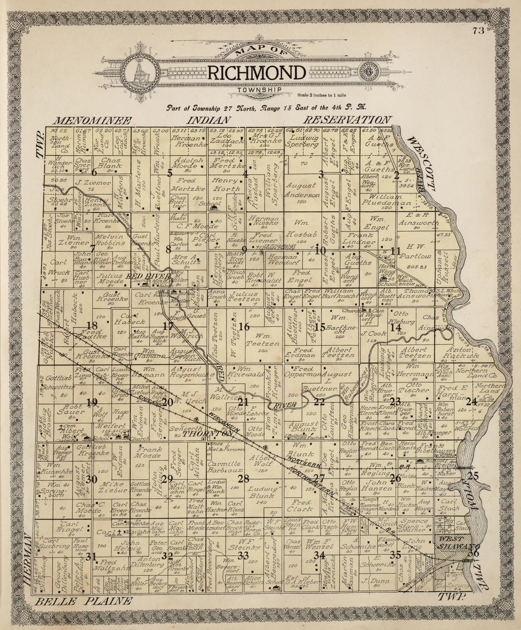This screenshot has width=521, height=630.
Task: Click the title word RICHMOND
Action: tap(256, 73)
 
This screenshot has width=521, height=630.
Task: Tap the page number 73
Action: tap(478, 31)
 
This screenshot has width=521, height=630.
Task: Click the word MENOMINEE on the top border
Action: tap(93, 121)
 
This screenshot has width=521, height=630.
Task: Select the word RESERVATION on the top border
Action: tap(347, 120)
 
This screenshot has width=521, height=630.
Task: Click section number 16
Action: tap(244, 326)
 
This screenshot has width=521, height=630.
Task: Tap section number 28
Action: tap(243, 478)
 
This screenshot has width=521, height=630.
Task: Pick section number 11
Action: tap(395, 250)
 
